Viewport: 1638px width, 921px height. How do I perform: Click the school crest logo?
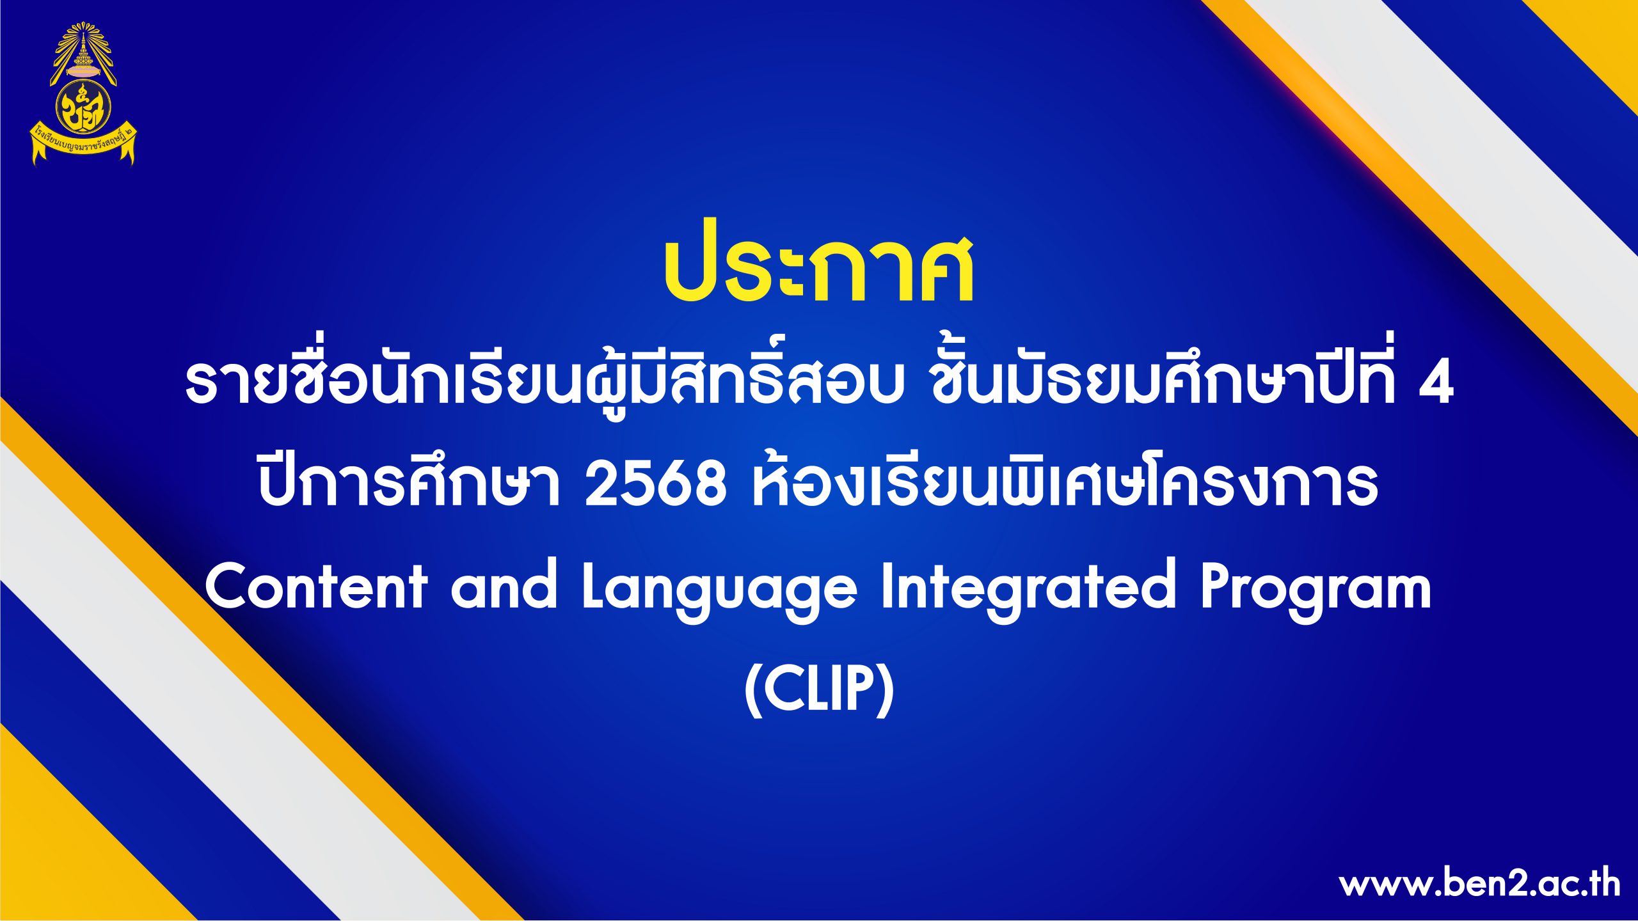pos(83,94)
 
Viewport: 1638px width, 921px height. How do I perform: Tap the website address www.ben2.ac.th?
pos(1479,885)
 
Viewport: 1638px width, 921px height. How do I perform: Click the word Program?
pos(1316,592)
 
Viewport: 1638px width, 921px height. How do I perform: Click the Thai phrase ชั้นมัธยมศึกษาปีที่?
pos(1162,377)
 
